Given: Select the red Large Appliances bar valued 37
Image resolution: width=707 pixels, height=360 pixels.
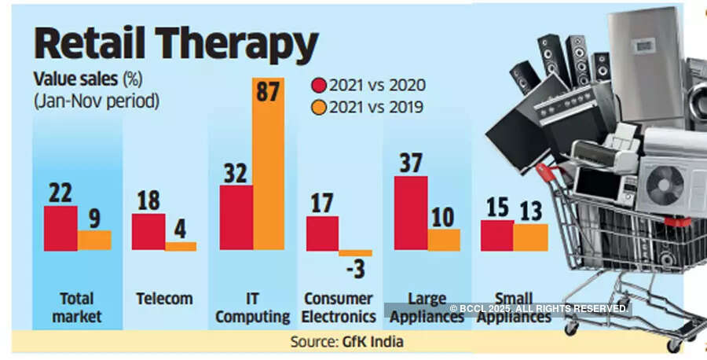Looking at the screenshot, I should point(410,213).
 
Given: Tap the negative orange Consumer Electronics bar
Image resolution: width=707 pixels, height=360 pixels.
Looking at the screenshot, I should point(355,253).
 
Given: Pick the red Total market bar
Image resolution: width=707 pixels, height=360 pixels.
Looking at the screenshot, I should point(60,228).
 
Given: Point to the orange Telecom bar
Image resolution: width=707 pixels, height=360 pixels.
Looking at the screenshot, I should point(181,246).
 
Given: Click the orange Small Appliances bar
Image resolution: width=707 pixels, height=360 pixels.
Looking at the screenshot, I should point(530,237).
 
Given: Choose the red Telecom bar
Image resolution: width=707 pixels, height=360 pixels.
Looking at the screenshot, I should point(148,232).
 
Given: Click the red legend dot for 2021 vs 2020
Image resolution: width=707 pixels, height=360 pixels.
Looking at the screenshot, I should point(318,85).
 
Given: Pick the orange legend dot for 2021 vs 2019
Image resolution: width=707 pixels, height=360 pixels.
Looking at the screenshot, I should point(318,106).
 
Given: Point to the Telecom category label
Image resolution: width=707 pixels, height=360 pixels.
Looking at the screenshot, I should point(163,299).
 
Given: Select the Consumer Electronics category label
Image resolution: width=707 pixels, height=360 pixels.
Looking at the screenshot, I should point(339,308).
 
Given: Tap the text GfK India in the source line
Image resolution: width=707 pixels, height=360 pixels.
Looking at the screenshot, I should point(374,342).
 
